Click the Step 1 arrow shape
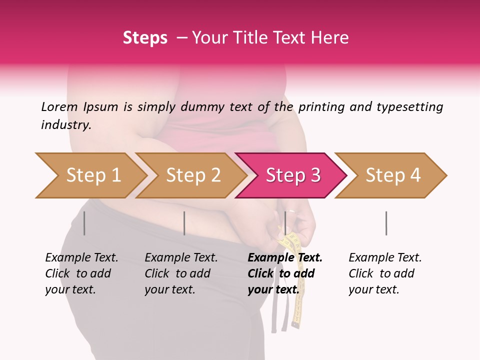point(90,175)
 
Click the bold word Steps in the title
point(145,38)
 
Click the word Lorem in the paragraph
point(59,106)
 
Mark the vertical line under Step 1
point(84,223)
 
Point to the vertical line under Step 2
point(184,223)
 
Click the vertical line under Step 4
point(386,223)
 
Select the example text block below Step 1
point(81,273)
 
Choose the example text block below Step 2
point(181,273)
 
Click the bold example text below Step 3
point(285,273)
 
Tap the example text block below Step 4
point(385,273)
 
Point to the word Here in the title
point(329,38)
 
